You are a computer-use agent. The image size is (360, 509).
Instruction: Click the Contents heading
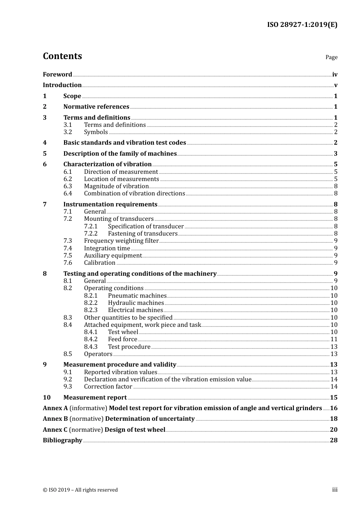coord(62,56)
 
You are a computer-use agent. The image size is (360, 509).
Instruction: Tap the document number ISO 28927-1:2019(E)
coord(302,25)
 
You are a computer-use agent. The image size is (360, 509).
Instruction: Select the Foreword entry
coord(57,75)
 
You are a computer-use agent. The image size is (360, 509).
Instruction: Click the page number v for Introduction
coord(335,85)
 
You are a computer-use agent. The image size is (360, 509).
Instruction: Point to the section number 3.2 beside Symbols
coord(67,132)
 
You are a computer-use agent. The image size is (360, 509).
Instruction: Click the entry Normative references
coord(96,107)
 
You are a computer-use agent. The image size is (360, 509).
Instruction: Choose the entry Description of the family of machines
coord(120,154)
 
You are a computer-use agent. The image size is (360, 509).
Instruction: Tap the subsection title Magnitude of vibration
coord(116,186)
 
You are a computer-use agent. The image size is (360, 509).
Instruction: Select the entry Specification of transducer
coord(146,226)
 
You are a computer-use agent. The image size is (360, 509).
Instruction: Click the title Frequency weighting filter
coord(121,241)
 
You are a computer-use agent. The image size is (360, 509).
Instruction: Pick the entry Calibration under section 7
coord(99,263)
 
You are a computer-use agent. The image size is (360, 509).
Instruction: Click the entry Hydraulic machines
coord(136,303)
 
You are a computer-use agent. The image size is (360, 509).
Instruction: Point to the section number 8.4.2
coord(91,339)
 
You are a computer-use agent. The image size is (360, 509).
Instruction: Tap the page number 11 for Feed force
coord(334,339)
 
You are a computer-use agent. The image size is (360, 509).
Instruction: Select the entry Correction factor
coord(108,387)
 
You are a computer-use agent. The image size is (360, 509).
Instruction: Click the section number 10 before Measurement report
coord(47,398)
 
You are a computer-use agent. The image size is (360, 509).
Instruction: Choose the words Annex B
coord(55,419)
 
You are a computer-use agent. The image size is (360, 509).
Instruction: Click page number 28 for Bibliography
coord(333,440)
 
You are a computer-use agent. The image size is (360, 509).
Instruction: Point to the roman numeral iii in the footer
coord(335,490)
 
